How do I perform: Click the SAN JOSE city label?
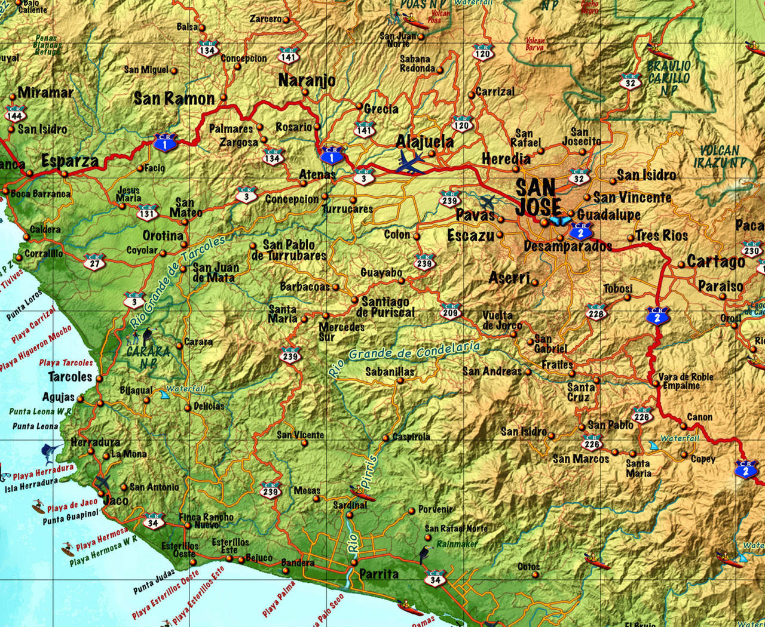point(538,197)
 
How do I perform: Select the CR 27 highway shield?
point(95,261)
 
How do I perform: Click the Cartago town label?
point(716,262)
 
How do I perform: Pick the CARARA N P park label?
point(148,356)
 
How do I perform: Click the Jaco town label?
point(115,500)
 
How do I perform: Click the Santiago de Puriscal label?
point(385,307)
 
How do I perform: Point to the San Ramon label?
point(174,99)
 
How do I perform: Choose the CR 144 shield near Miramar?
point(14,113)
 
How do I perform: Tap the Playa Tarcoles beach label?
point(66,362)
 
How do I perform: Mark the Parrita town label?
point(379,574)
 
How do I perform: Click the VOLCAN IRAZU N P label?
point(720,156)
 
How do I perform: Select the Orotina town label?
point(163,236)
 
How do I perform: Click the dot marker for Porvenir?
point(411,511)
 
